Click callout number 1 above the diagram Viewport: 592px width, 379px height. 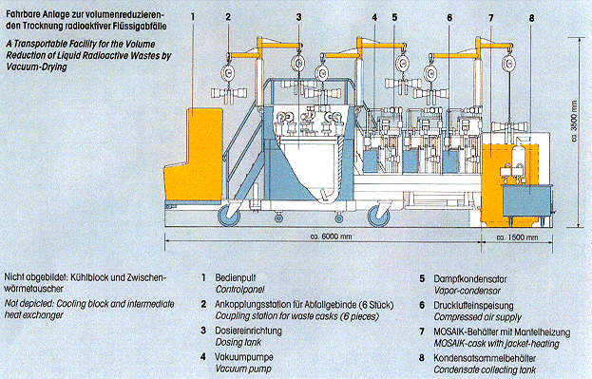point(193,17)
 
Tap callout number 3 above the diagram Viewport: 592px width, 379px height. point(299,17)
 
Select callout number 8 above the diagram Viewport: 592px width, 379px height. point(531,18)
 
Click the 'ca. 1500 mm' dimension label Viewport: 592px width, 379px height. point(517,237)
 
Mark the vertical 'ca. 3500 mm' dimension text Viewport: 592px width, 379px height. point(575,122)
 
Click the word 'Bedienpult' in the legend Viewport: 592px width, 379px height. point(236,277)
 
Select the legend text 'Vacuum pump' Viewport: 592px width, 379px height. point(243,369)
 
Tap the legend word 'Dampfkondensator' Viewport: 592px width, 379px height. point(470,279)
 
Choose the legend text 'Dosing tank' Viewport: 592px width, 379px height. point(239,342)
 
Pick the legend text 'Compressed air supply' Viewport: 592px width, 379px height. point(477,317)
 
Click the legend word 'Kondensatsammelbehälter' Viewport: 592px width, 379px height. point(485,358)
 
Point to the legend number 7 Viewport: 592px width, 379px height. point(422,332)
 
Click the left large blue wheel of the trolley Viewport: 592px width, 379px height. point(229,216)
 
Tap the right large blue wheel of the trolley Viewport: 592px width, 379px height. point(379,217)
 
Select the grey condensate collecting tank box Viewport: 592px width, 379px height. point(526,200)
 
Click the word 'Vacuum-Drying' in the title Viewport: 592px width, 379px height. point(36,66)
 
